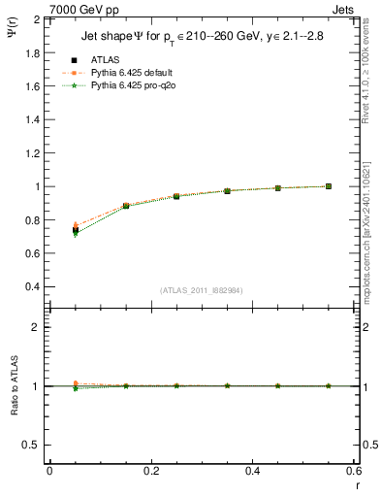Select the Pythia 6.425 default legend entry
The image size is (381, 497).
131,72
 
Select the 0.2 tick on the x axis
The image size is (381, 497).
150,471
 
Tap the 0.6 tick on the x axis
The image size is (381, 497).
353,471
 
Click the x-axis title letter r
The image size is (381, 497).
357,483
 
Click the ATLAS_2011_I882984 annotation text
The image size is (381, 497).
201,290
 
